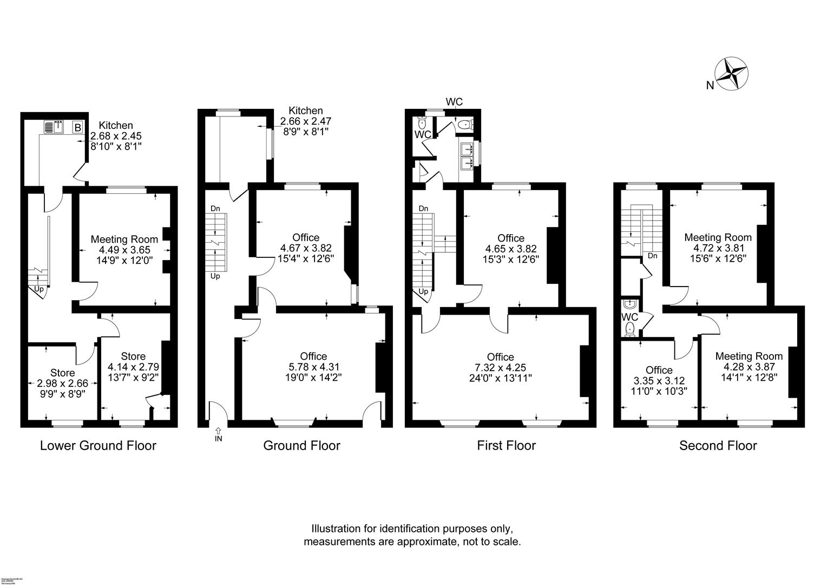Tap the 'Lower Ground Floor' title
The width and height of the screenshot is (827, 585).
98,446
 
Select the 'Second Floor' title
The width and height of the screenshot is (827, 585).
718,446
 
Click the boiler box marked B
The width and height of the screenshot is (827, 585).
77,128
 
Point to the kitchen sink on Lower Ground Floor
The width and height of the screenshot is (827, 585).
54,127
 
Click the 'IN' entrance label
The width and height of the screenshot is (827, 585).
218,438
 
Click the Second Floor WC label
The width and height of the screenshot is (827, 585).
630,317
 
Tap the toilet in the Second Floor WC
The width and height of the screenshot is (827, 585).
630,329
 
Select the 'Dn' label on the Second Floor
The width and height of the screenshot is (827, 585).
652,256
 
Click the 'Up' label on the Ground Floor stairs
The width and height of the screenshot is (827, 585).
215,276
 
